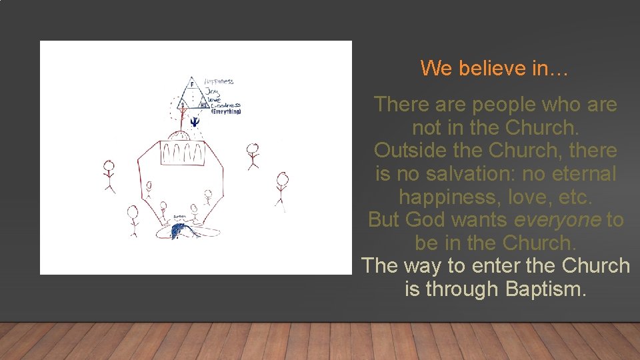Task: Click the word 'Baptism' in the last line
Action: coord(545,289)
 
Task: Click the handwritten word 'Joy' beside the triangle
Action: coord(212,91)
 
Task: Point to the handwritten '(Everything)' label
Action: coord(226,111)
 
